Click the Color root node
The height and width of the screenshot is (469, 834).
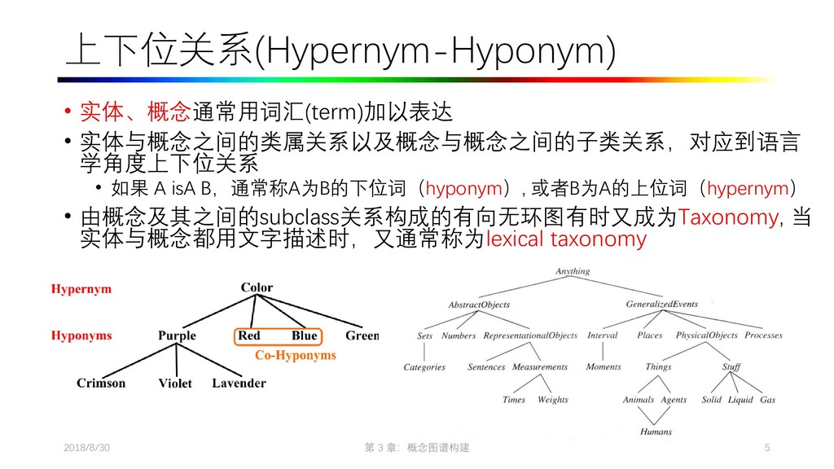tap(257, 287)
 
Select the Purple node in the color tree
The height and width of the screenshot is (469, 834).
tap(177, 335)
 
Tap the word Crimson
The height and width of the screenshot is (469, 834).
tap(101, 383)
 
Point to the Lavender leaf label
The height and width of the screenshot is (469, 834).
tap(239, 383)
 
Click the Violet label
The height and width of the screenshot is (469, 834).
tap(175, 383)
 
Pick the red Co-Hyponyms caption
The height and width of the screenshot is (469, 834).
tap(296, 355)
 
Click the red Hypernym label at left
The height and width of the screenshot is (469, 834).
tap(81, 288)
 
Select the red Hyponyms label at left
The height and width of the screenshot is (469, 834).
tap(81, 335)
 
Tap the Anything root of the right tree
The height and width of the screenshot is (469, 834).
tap(573, 271)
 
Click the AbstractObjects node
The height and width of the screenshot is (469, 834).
tap(479, 305)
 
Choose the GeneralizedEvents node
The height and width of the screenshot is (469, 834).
tap(661, 305)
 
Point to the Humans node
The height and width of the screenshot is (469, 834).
tap(656, 432)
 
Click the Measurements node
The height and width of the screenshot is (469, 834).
tap(539, 367)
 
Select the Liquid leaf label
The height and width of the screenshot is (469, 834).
tap(740, 400)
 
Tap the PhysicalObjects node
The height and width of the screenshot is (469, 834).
tap(707, 335)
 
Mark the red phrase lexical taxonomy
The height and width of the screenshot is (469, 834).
tap(565, 239)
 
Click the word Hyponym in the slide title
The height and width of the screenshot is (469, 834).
tap(529, 55)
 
